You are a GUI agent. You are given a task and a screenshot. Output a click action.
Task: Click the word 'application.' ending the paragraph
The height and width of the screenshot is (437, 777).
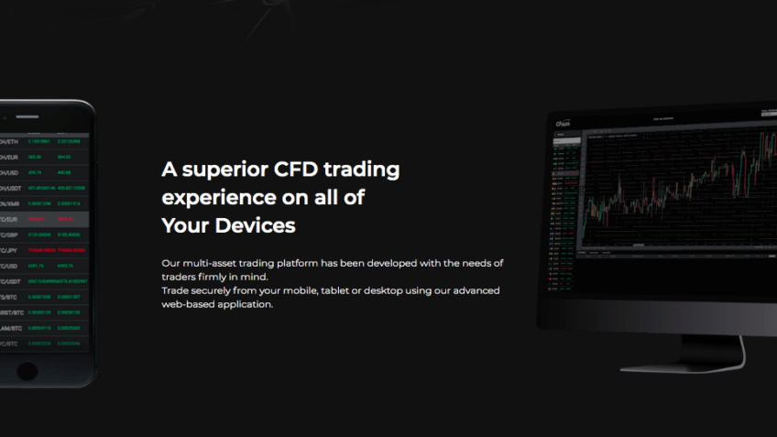pos(245,304)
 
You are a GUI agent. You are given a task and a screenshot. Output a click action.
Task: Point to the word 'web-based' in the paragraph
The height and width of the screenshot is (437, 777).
pos(188,304)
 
